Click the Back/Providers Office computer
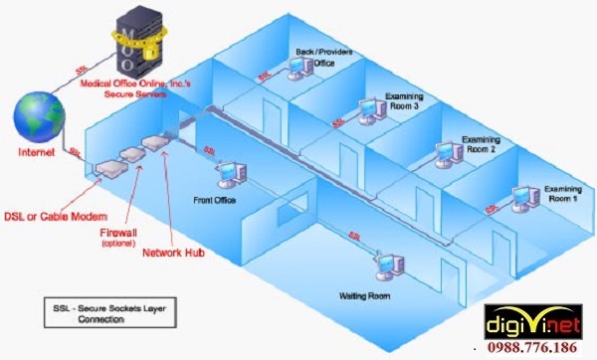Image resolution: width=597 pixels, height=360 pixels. point(297,67)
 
